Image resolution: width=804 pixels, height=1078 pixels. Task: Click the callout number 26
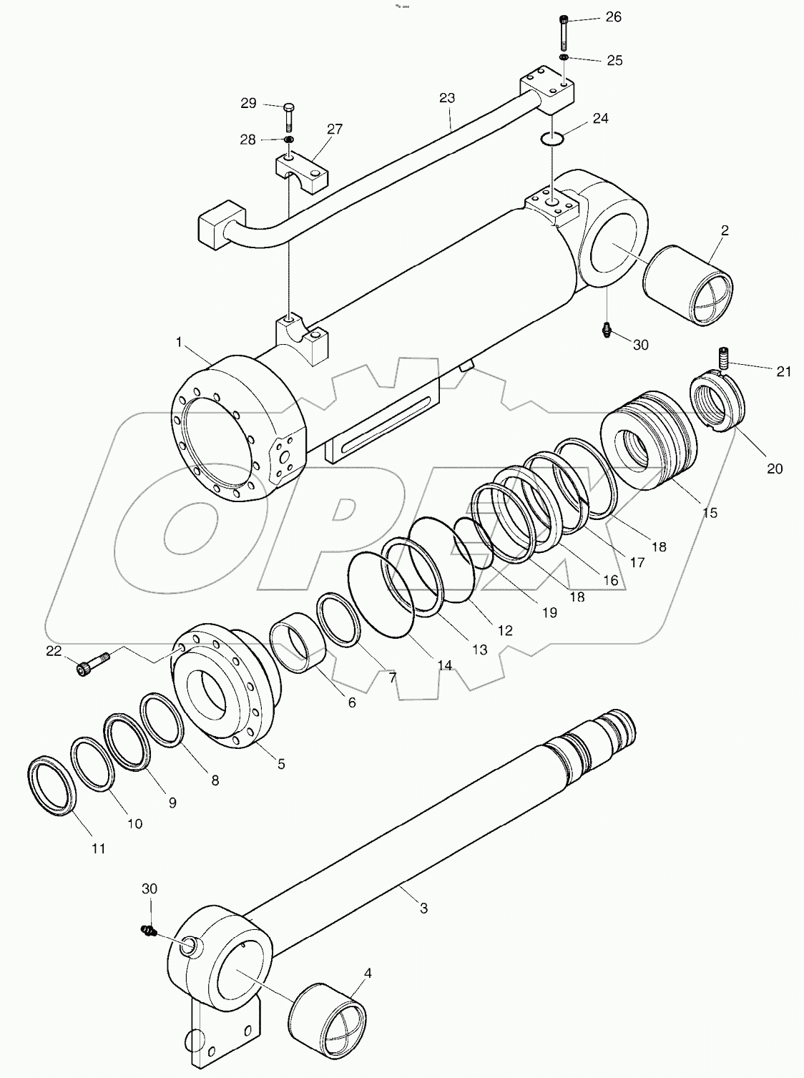coord(613,16)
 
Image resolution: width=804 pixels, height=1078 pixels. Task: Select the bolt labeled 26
coord(564,31)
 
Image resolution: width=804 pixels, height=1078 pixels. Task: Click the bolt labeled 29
coord(288,114)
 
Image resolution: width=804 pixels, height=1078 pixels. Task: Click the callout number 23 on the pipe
coord(446,97)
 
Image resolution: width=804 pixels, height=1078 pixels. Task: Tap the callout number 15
coord(709,513)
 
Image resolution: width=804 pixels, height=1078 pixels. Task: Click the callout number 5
coord(280,764)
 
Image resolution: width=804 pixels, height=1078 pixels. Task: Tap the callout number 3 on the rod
coord(423,908)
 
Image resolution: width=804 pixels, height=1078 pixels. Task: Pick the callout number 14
coord(444,665)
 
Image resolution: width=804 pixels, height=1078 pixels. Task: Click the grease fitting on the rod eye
coord(148,931)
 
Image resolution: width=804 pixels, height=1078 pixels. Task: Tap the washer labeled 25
coord(564,57)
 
